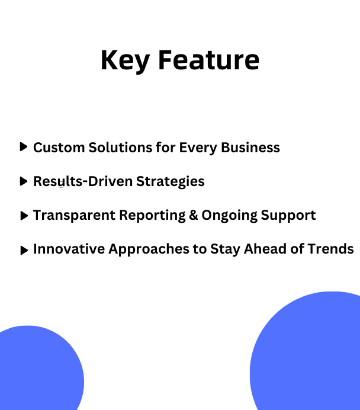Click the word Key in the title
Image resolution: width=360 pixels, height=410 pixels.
tap(126, 61)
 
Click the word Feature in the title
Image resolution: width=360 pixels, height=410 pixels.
tap(209, 60)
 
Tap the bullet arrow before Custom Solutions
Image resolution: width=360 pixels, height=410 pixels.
tap(24, 147)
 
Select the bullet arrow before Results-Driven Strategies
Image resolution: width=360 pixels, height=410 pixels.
tap(24, 181)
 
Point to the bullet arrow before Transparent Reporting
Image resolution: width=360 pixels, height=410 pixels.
tap(24, 216)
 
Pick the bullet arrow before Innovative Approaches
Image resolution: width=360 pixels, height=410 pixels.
tap(24, 250)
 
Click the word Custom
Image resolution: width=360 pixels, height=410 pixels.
tap(59, 148)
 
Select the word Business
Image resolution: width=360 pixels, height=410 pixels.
tap(250, 148)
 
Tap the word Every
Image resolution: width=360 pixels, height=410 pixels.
tap(198, 149)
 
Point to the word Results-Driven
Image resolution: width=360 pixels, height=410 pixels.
tap(83, 181)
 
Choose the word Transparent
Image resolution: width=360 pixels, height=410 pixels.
tap(74, 216)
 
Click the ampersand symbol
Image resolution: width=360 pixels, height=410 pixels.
tap(194, 215)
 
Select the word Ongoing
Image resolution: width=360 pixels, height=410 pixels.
tap(229, 216)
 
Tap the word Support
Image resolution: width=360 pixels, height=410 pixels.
tap(288, 216)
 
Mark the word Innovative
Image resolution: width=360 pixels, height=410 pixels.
tap(69, 249)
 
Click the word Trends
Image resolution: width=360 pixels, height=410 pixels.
tap(331, 249)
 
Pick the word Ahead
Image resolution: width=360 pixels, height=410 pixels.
tap(265, 249)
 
